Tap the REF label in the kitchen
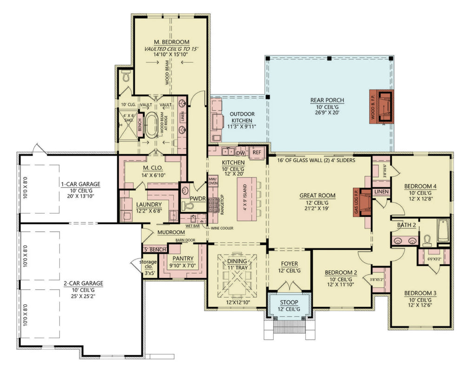(x=257, y=152)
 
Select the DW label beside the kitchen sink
(x=240, y=153)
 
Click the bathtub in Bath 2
(x=443, y=231)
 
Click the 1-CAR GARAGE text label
(x=80, y=184)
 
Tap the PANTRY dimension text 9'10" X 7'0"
(x=183, y=266)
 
